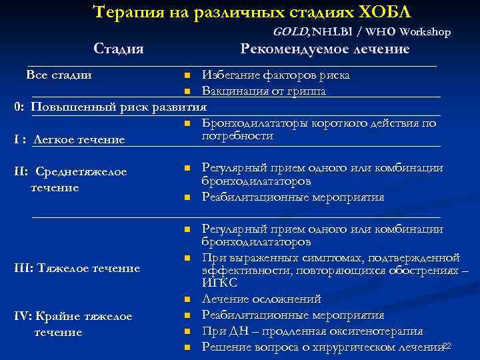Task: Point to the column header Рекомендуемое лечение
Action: point(325,49)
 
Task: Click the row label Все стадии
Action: point(59,75)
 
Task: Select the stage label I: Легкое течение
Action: point(70,139)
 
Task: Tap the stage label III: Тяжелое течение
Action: point(78,268)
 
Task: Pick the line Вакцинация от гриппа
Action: point(264,91)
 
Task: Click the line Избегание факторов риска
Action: point(275,75)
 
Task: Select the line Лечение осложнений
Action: point(261,299)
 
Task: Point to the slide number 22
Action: point(447,345)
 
